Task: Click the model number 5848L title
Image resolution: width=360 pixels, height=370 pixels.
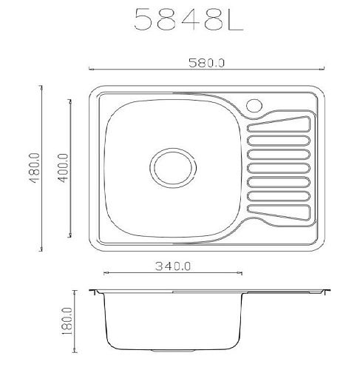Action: tap(189, 19)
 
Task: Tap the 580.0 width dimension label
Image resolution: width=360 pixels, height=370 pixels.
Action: tap(206, 63)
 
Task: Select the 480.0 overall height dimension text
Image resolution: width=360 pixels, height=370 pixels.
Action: tap(34, 168)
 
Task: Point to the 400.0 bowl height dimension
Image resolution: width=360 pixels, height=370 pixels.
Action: tap(63, 168)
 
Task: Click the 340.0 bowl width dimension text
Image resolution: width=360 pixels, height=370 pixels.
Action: tap(173, 266)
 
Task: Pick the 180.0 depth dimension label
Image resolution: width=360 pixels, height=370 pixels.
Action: tap(67, 321)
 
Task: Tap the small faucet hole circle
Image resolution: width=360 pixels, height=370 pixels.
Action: tap(254, 106)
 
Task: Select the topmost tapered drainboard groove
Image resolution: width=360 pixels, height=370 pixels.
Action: tap(279, 124)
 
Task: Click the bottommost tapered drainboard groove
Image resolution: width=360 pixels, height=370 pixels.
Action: tap(279, 212)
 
